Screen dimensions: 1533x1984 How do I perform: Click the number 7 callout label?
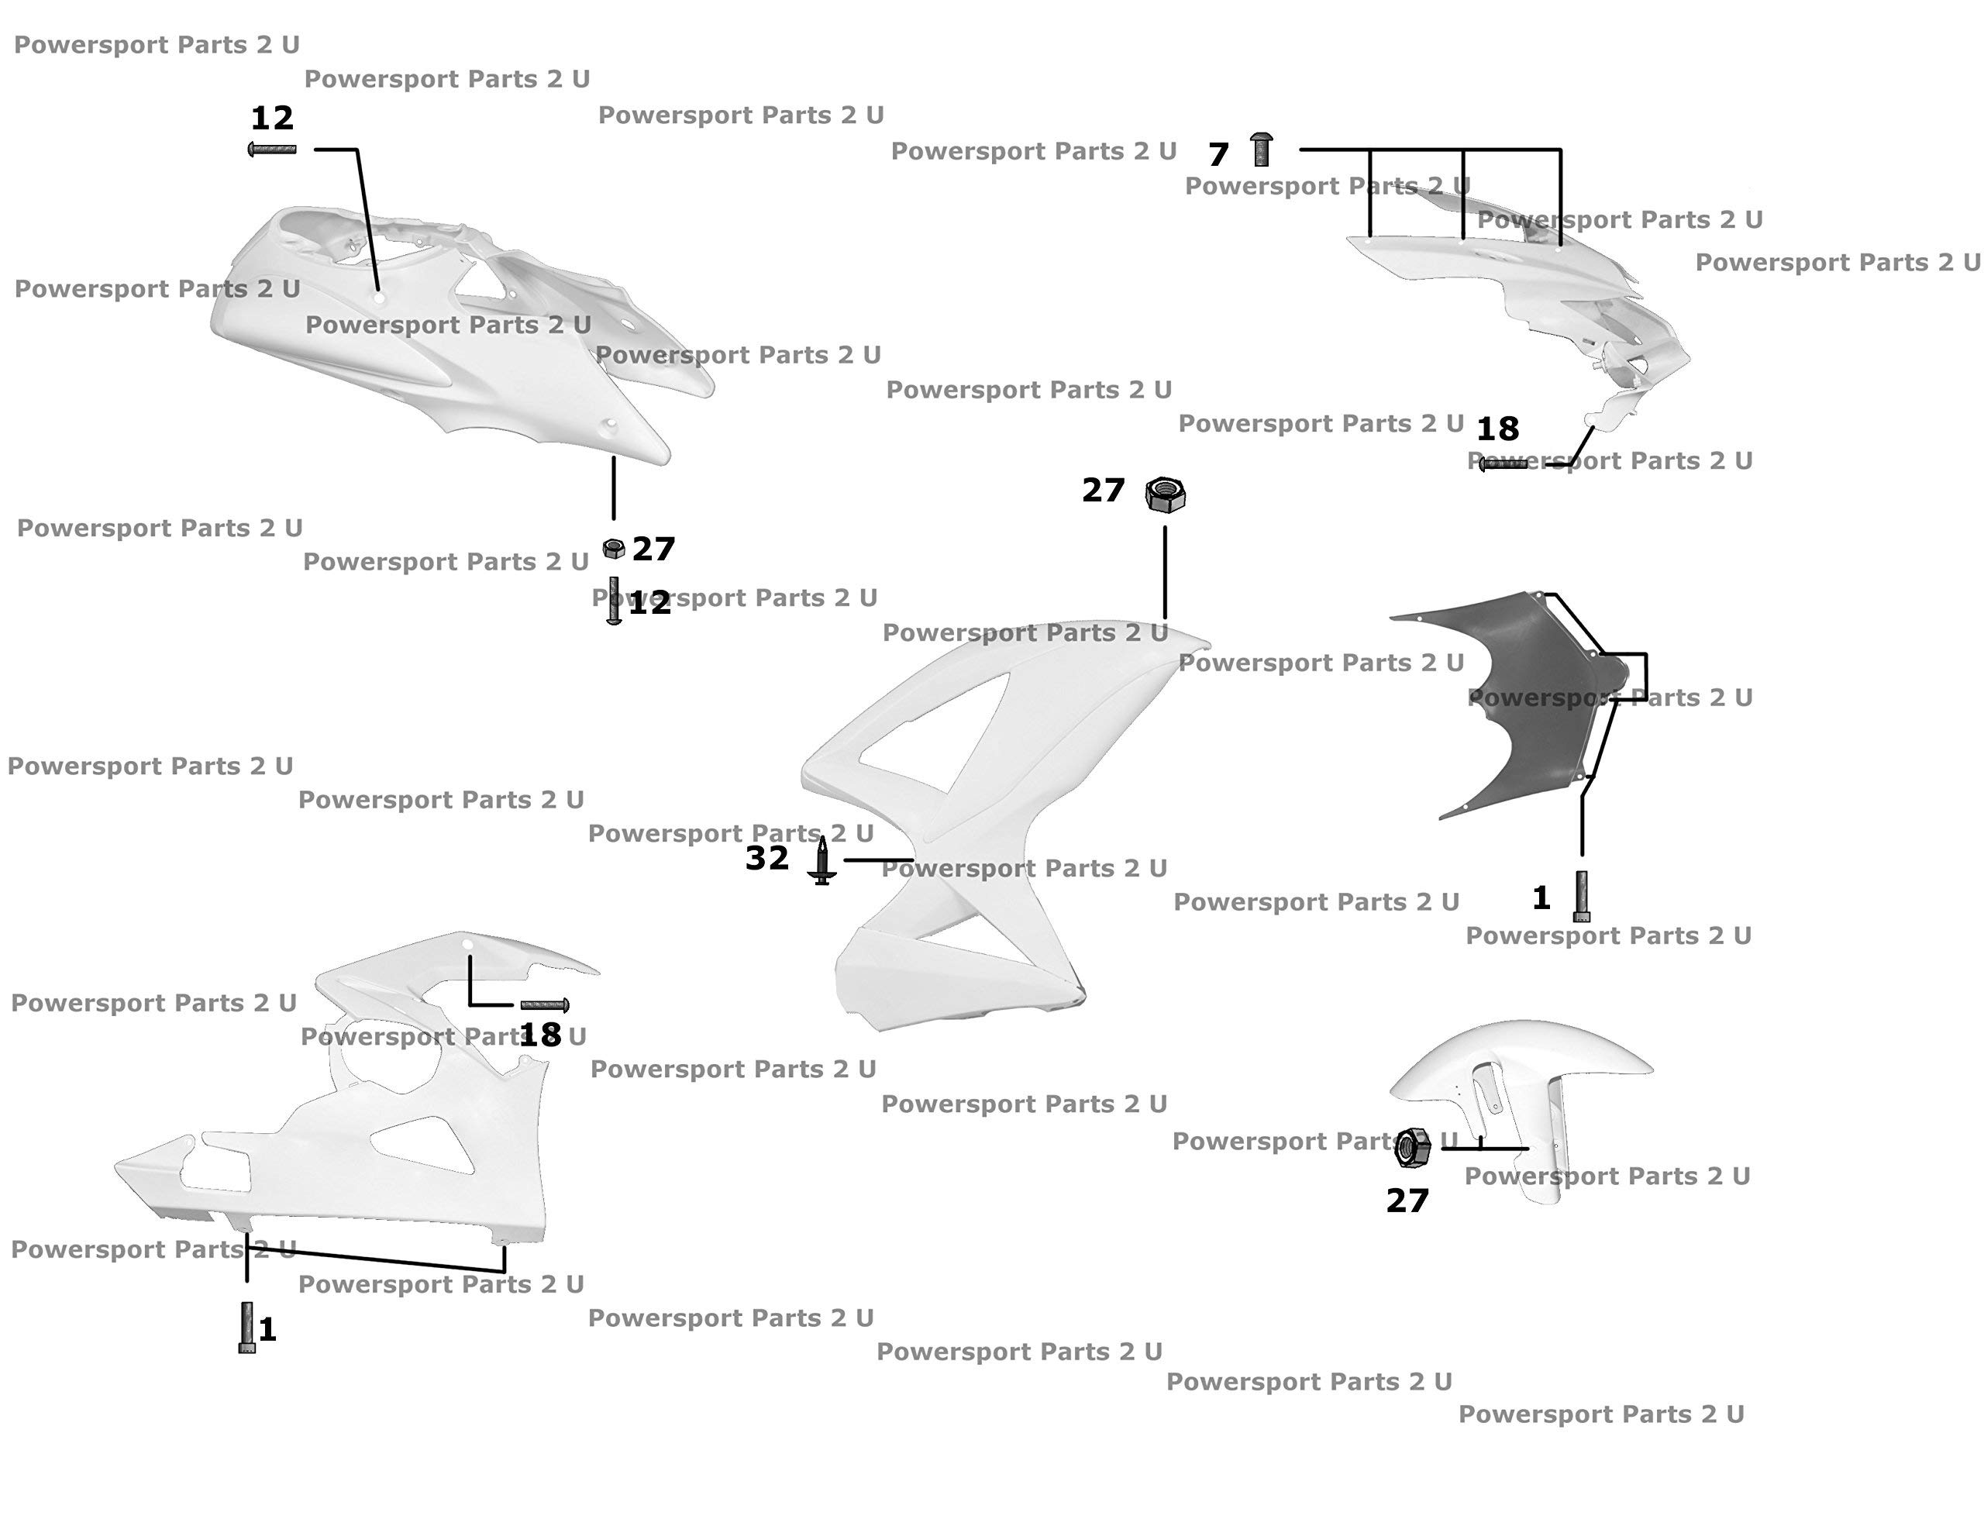(x=1218, y=154)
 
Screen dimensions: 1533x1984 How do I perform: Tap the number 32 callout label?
(x=766, y=858)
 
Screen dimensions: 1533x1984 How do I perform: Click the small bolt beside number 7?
(x=1261, y=149)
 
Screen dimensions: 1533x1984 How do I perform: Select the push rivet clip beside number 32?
(x=822, y=862)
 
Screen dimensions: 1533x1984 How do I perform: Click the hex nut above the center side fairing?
(x=1166, y=495)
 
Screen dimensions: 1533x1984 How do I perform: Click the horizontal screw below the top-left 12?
(x=273, y=149)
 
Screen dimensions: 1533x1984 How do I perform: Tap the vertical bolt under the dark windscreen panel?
(x=1582, y=896)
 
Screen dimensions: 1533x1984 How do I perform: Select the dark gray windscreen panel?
(x=1517, y=700)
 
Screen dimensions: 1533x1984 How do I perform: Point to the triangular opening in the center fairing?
(x=945, y=736)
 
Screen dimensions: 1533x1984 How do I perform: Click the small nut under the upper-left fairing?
(x=614, y=548)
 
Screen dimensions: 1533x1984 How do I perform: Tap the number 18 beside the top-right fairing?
(x=1497, y=429)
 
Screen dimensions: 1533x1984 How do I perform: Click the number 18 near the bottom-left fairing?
(x=540, y=1034)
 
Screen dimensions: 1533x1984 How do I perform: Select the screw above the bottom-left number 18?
(x=545, y=1005)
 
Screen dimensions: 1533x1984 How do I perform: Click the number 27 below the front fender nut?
(x=1407, y=1201)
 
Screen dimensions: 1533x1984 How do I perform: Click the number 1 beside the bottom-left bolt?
(x=267, y=1329)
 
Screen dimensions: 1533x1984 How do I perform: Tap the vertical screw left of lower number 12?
(x=614, y=601)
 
